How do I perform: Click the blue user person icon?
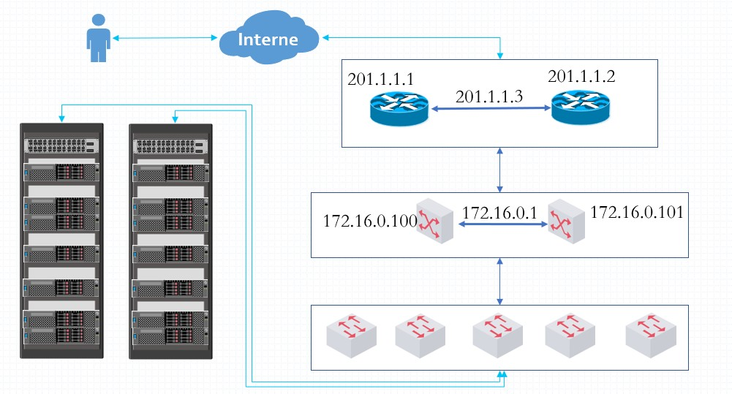point(99,38)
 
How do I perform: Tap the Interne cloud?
point(269,38)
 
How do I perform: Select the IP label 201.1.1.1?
point(380,80)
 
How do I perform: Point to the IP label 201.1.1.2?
point(581,77)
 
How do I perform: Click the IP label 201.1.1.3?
point(488,96)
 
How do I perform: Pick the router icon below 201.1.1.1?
point(399,109)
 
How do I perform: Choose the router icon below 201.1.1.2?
point(581,107)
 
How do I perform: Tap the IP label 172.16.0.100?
point(370,221)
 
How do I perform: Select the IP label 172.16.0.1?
point(499,213)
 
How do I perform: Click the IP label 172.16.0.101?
point(637,213)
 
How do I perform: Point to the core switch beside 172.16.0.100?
point(434,221)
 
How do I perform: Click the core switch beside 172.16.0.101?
point(566,221)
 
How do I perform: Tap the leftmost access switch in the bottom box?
point(352,336)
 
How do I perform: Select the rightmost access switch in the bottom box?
point(651,336)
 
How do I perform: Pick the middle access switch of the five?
point(498,336)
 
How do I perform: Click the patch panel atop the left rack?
point(61,146)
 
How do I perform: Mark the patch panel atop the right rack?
point(170,147)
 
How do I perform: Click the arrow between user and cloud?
point(165,38)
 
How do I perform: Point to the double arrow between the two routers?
point(491,108)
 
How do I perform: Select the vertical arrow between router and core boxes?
point(500,170)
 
